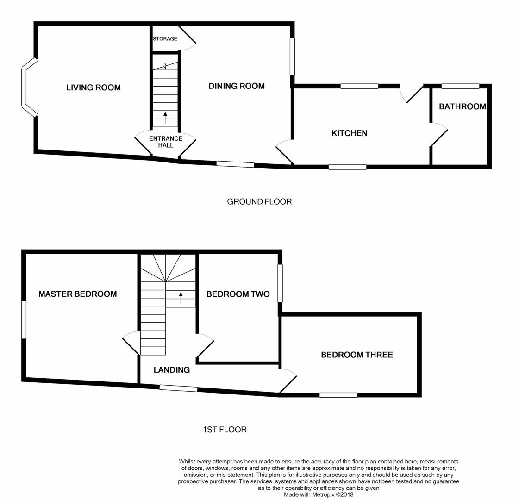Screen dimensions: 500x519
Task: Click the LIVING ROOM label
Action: pos(93,87)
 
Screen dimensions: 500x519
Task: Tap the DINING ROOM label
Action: pos(237,86)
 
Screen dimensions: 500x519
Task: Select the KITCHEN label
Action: pos(350,133)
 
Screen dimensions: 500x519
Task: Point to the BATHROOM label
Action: pos(462,106)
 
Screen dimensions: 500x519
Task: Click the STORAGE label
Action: pos(165,39)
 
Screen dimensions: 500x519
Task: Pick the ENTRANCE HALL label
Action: pos(165,142)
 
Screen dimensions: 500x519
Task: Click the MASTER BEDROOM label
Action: pos(77,294)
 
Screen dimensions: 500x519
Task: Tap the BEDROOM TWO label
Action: pos(238,294)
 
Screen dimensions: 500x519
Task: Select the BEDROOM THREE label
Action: pos(357,355)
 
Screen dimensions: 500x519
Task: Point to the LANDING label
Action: pos(171,370)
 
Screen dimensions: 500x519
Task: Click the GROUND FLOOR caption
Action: pos(259,201)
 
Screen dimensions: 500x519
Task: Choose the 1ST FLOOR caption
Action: pos(225,430)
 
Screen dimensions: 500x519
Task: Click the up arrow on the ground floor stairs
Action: pos(165,117)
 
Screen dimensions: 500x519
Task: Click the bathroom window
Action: pos(460,86)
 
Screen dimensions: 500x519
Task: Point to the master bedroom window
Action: pos(24,319)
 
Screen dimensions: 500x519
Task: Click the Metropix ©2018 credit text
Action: pos(319,494)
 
